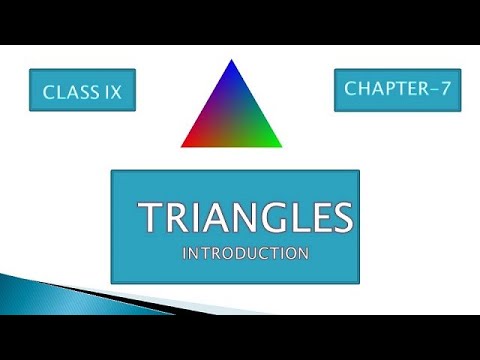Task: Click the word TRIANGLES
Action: click(x=245, y=217)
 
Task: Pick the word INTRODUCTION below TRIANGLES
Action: click(x=245, y=254)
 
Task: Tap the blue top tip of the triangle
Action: click(x=232, y=64)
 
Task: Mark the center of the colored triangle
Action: click(x=232, y=118)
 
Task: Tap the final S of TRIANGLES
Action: click(x=341, y=217)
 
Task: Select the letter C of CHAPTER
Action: click(x=351, y=89)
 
